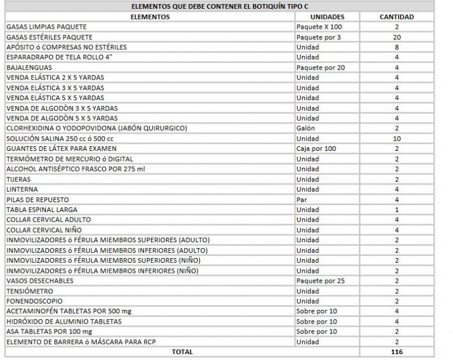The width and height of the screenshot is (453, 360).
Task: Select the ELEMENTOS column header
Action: pyautogui.click(x=149, y=17)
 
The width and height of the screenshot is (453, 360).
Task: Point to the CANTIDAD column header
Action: pyautogui.click(x=396, y=17)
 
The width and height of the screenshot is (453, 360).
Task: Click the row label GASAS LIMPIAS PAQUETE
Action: pyautogui.click(x=45, y=27)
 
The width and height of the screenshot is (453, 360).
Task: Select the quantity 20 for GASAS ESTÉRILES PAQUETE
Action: pyautogui.click(x=396, y=37)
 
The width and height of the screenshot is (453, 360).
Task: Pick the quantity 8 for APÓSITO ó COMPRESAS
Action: pyautogui.click(x=396, y=47)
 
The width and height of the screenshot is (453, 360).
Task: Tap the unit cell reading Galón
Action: pyautogui.click(x=306, y=128)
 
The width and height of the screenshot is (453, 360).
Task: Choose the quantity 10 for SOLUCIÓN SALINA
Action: pyautogui.click(x=396, y=138)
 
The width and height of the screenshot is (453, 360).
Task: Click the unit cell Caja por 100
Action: pyautogui.click(x=317, y=148)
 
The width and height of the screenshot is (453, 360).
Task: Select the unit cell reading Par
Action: pyautogui.click(x=302, y=199)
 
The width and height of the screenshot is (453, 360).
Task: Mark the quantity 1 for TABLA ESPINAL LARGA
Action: pyautogui.click(x=396, y=210)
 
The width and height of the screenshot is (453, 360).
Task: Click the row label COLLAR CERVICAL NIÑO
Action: pyautogui.click(x=44, y=230)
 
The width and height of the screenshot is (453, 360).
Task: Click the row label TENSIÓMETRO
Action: pyautogui.click(x=29, y=291)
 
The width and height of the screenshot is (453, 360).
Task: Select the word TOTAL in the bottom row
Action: pyautogui.click(x=182, y=352)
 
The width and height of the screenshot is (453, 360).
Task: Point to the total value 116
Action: pyautogui.click(x=396, y=352)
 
